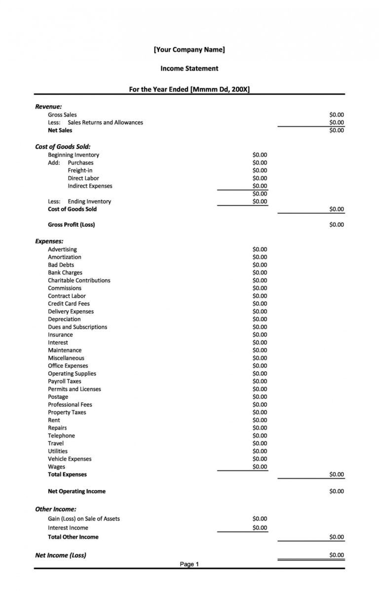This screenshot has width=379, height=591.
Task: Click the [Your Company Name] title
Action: [x=189, y=49]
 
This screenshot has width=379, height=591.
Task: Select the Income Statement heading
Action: [x=189, y=69]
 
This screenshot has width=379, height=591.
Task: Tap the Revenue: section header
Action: [x=48, y=106]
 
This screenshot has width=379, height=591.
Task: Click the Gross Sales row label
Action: [x=62, y=115]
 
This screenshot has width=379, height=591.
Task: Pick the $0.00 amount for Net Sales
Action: [x=337, y=130]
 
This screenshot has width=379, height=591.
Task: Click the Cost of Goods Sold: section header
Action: [x=63, y=147]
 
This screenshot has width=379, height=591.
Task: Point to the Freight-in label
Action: [x=80, y=170]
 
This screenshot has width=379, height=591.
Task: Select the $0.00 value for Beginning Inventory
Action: [x=260, y=155]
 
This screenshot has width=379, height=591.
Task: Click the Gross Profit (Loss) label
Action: [x=72, y=225]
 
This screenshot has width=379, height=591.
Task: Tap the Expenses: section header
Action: [x=49, y=241]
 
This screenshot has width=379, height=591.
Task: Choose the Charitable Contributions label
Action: [x=79, y=280]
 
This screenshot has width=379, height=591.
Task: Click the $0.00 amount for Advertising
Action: [x=260, y=249]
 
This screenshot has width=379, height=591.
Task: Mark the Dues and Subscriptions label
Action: [x=77, y=327]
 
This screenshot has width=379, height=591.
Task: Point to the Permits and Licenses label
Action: [x=75, y=389]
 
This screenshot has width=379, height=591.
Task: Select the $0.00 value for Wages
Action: [x=260, y=467]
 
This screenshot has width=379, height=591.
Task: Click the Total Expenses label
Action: [x=67, y=474]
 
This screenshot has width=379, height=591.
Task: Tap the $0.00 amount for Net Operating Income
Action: [x=337, y=491]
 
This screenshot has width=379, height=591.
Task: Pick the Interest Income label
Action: [x=68, y=528]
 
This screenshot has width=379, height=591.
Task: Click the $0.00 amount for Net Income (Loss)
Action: [x=337, y=555]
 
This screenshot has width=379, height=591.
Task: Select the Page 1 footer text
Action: [x=189, y=564]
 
